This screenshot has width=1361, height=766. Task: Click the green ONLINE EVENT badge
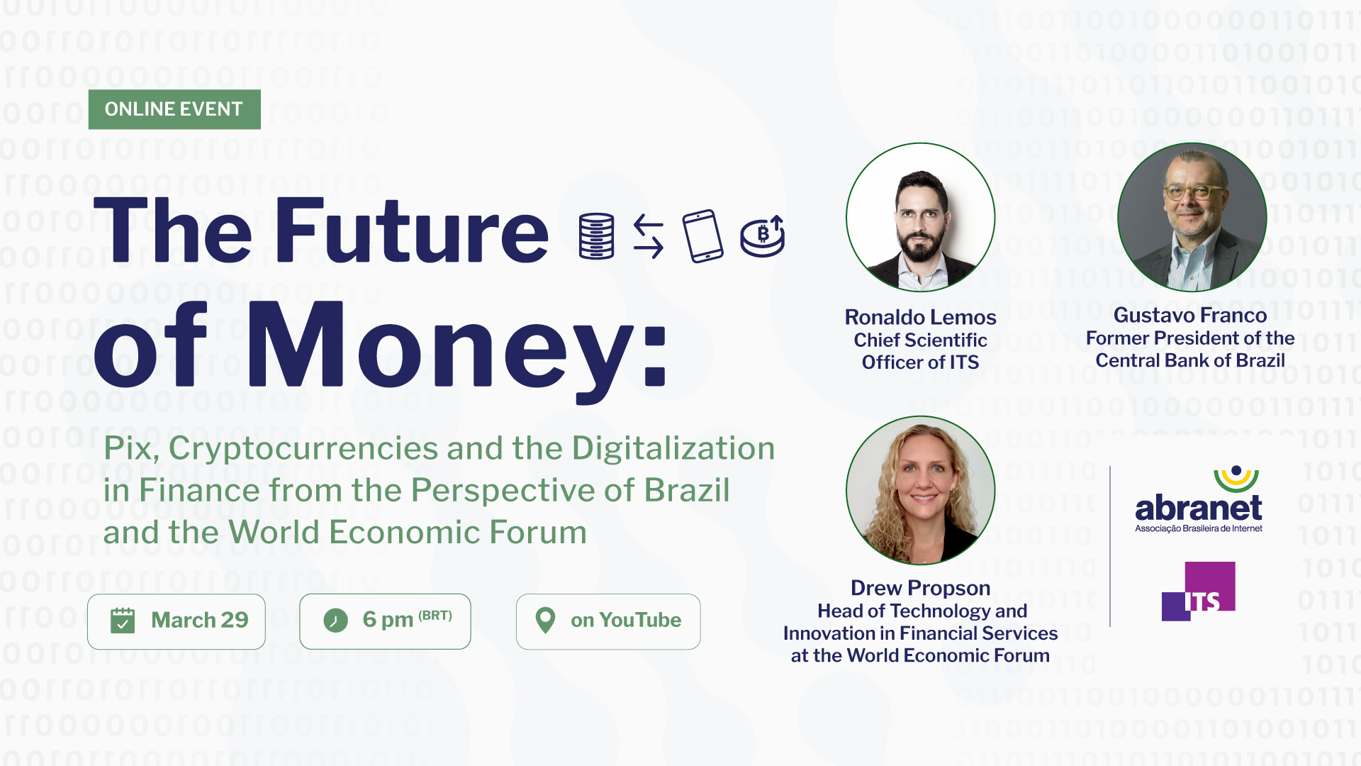click(x=174, y=109)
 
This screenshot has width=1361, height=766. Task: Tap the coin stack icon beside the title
click(x=596, y=236)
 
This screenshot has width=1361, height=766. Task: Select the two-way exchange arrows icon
click(x=648, y=236)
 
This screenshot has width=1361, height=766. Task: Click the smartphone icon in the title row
click(x=702, y=236)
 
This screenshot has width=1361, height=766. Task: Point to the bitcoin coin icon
click(x=763, y=236)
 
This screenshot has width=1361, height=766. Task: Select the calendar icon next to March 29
click(x=123, y=621)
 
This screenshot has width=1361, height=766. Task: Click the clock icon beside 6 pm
click(x=335, y=621)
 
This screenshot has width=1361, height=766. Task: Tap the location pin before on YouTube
click(x=545, y=621)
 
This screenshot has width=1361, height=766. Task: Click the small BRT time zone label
click(x=435, y=616)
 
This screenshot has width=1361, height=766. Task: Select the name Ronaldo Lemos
click(x=920, y=317)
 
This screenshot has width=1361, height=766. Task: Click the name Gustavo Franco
click(x=1190, y=315)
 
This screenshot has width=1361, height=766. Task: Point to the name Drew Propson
click(x=920, y=588)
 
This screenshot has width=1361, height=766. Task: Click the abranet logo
click(x=1199, y=500)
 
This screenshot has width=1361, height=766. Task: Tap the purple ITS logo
click(x=1199, y=592)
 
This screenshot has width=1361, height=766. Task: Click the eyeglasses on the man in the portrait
click(x=1193, y=192)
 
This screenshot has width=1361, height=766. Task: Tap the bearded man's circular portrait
click(x=920, y=218)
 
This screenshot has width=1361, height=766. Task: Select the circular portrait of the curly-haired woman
click(x=920, y=490)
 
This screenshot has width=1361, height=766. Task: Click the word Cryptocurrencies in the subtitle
click(x=303, y=448)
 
